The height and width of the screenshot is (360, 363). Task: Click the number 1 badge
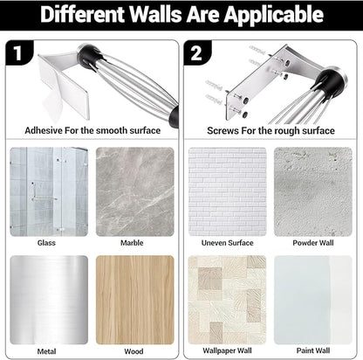point(18,52)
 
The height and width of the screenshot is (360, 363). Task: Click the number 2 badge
point(197,52)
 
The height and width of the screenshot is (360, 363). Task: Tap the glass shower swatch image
point(49,191)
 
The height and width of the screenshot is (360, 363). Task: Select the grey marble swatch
point(135,191)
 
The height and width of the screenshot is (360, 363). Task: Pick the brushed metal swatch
point(49,300)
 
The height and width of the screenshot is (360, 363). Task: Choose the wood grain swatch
point(135,300)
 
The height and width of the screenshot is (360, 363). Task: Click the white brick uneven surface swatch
point(227,191)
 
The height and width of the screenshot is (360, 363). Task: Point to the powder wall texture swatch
point(313,191)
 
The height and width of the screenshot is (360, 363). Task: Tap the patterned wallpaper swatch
point(227,300)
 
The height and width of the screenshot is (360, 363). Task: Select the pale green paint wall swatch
point(313,300)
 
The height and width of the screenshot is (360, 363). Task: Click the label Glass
point(46,243)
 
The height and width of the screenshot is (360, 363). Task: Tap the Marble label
point(132,243)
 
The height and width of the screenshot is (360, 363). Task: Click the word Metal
point(46,351)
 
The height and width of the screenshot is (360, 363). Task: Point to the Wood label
point(134,351)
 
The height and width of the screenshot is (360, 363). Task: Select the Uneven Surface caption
point(227,243)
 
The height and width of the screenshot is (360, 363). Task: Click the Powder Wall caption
point(313,243)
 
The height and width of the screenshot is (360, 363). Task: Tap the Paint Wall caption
point(313,350)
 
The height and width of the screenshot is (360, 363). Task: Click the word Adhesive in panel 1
point(44,130)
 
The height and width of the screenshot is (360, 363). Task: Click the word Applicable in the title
point(274,15)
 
